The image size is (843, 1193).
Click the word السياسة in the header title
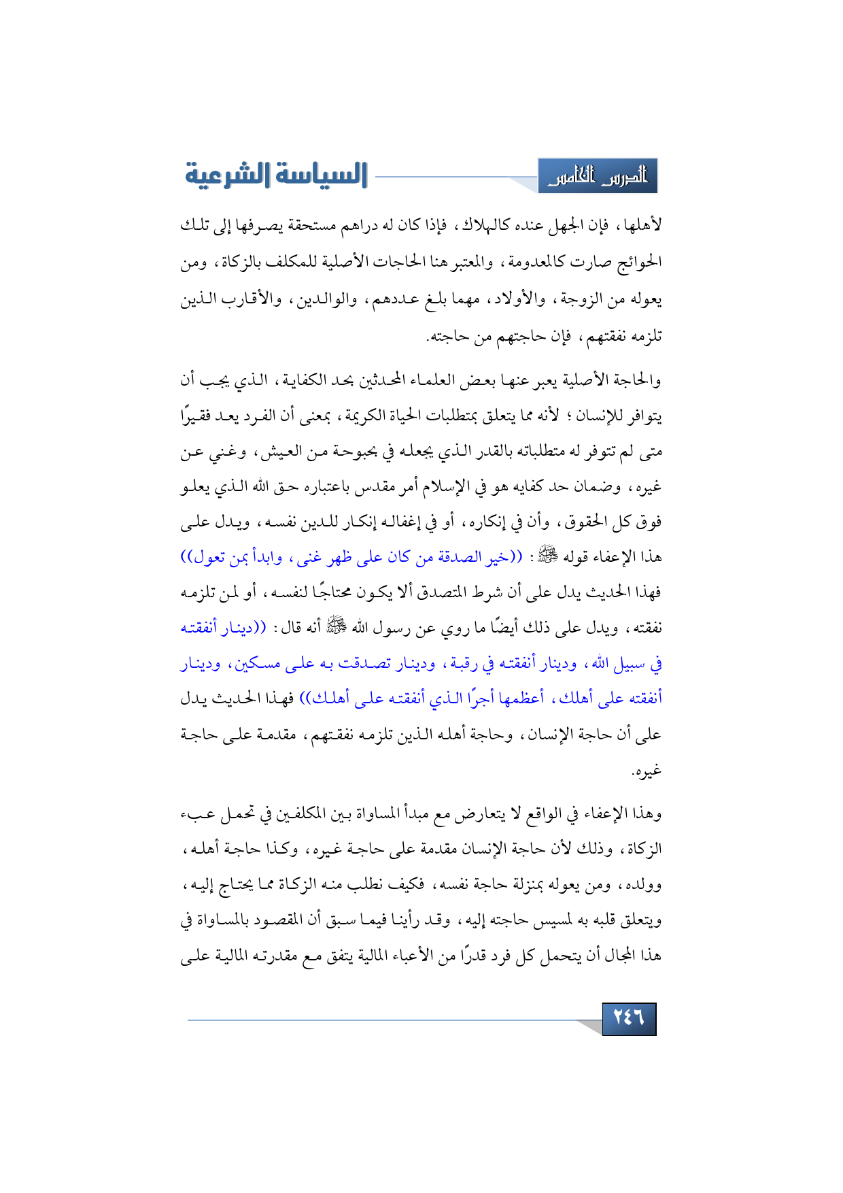tap(321, 175)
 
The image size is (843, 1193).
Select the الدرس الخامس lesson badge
tap(598, 177)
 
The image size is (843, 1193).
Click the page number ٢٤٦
tap(629, 1018)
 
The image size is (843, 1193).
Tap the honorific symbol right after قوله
tap(546, 558)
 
